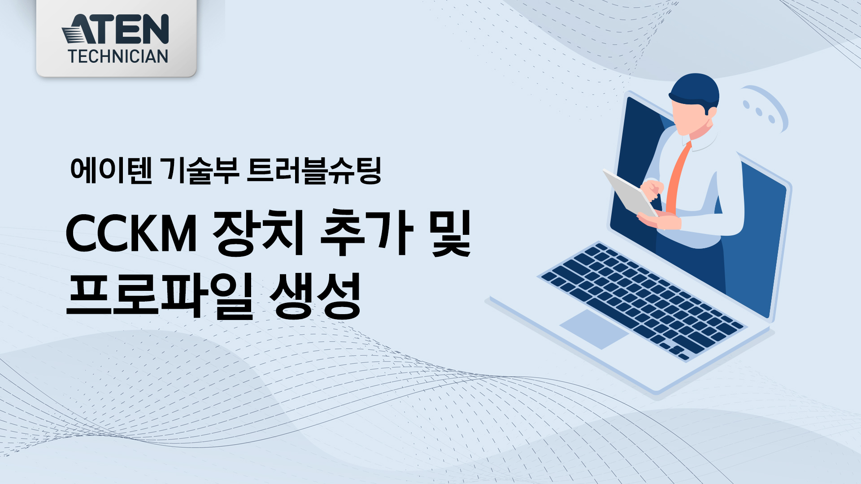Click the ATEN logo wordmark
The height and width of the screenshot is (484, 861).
pos(115,29)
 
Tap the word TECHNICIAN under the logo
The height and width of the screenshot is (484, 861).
pos(118,56)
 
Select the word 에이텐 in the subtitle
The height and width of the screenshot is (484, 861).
pos(111,170)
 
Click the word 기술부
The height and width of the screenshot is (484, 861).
pos(200,170)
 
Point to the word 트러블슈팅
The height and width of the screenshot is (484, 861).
pos(314,170)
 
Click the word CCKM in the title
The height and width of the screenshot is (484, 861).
pos(131,233)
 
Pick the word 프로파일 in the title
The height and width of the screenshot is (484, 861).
pos(160,296)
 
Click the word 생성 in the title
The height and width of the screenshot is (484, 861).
pos(315,296)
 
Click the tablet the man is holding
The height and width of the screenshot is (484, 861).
pos(630,193)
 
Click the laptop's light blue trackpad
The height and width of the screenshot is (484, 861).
pos(594,328)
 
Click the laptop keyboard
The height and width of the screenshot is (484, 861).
pos(643,300)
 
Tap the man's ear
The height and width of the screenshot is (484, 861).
pos(710,112)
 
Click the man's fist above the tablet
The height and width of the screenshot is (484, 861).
pos(652,189)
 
